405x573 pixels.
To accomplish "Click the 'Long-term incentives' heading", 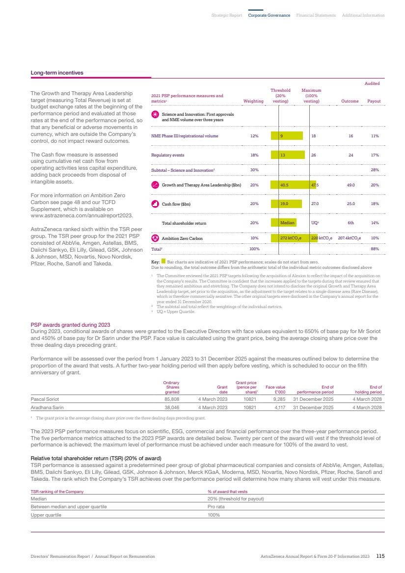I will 57,73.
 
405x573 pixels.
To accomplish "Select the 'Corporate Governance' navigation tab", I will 269,15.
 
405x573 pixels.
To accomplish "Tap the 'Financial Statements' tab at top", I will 316,15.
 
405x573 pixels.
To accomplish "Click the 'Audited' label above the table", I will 372,84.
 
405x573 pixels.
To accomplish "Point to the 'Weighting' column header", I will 254,101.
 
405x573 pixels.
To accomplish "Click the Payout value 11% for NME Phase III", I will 375,136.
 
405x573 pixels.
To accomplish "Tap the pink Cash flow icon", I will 155,204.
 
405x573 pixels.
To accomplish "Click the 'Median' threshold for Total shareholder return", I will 287,223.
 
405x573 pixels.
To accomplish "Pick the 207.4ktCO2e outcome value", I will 350,238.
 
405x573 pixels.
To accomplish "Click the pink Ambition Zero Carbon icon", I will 155,238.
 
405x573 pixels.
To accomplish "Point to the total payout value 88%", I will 376,249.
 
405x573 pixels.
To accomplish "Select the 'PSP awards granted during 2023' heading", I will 71,325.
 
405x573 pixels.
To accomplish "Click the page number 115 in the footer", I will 380,556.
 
